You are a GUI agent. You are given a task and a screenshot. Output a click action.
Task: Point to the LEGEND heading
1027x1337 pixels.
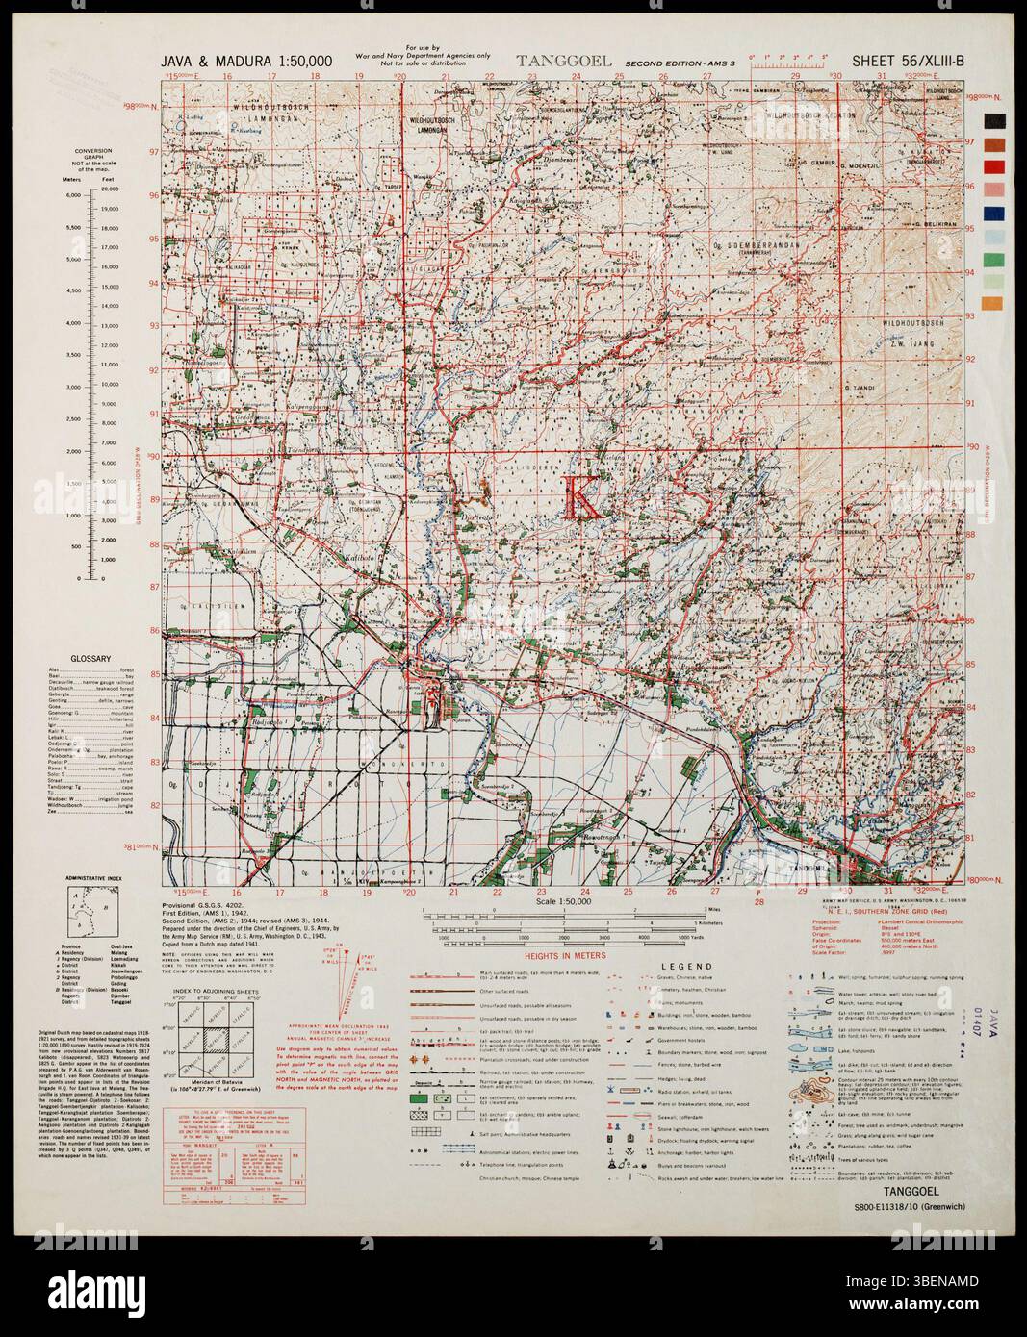click(685, 967)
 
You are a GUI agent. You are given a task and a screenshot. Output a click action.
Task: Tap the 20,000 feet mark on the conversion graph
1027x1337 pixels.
click(109, 194)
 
